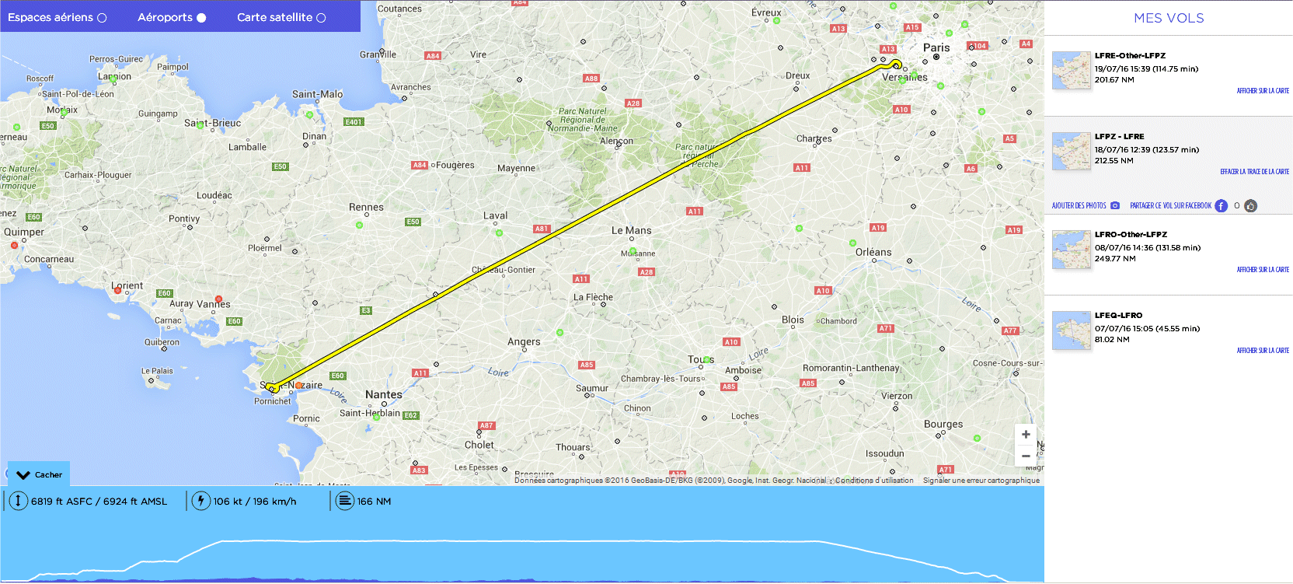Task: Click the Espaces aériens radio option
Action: click(x=57, y=17)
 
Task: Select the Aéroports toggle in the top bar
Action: click(x=172, y=17)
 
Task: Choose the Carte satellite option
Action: click(x=281, y=17)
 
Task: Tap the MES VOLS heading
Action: click(x=1169, y=18)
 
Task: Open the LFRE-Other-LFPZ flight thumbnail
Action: click(x=1072, y=71)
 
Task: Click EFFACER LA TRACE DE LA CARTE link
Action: click(x=1254, y=172)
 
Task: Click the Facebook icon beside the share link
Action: click(x=1221, y=206)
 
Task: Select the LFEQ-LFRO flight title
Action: click(x=1118, y=316)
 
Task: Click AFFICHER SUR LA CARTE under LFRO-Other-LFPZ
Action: click(x=1263, y=270)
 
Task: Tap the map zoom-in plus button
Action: click(x=1026, y=435)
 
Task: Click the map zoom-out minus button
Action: click(x=1026, y=456)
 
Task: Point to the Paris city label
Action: click(x=936, y=47)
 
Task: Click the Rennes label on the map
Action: click(x=366, y=208)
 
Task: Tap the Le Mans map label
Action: click(x=631, y=231)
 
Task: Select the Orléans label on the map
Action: click(x=873, y=253)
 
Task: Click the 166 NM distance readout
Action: click(x=374, y=502)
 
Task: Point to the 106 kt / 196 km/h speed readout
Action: click(x=254, y=502)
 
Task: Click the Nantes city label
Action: click(x=384, y=395)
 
